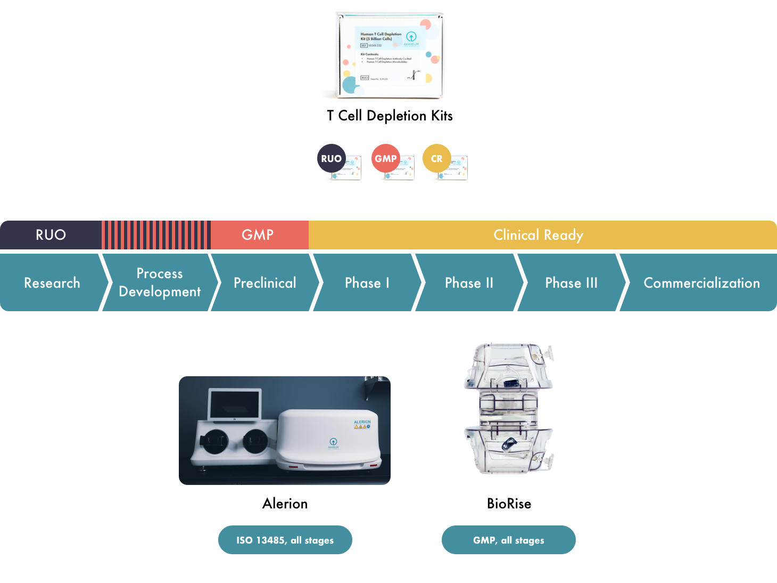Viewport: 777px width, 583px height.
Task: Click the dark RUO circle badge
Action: (x=331, y=158)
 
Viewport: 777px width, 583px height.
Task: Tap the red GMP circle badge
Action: (x=385, y=158)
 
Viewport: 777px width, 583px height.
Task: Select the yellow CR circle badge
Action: (x=436, y=158)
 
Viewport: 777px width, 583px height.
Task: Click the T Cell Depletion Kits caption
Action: (x=390, y=116)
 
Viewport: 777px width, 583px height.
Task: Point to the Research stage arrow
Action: (x=52, y=282)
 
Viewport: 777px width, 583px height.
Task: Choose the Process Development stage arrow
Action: (x=160, y=282)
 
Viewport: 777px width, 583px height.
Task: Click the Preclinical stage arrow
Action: (x=264, y=282)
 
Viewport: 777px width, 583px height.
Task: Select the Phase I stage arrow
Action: (x=367, y=282)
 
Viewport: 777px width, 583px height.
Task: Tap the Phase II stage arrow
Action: (x=469, y=282)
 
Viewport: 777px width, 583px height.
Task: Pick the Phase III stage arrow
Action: (x=571, y=282)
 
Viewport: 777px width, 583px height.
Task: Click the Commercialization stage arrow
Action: (x=701, y=282)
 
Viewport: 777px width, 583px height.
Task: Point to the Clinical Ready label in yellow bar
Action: (x=538, y=235)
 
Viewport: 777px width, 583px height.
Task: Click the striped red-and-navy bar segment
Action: (x=156, y=235)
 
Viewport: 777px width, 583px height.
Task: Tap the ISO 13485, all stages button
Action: (x=285, y=540)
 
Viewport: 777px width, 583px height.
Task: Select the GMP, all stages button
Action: (x=508, y=540)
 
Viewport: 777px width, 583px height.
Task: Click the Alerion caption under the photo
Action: (x=285, y=504)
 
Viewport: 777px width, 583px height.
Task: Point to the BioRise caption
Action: (x=509, y=504)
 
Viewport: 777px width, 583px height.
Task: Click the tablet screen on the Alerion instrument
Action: (x=235, y=404)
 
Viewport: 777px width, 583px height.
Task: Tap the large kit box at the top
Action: (x=390, y=56)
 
